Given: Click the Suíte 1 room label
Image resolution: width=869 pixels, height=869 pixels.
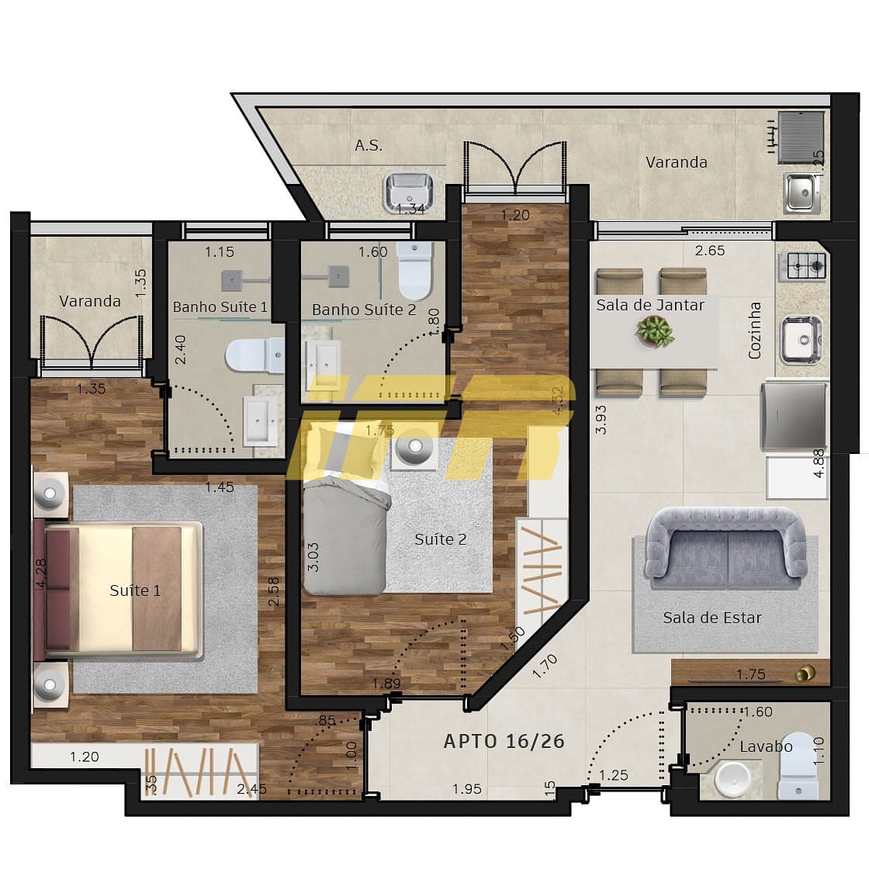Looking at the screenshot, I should [x=135, y=590].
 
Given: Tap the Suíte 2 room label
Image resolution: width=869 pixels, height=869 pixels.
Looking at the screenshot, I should [x=440, y=538].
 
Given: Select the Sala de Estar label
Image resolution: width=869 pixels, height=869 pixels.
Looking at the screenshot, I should [x=711, y=618].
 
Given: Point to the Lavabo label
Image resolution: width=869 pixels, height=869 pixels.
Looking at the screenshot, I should [x=766, y=746].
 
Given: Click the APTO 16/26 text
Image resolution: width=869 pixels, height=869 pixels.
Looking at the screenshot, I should [x=504, y=741].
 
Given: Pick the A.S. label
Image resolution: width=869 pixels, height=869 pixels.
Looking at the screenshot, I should [x=369, y=145].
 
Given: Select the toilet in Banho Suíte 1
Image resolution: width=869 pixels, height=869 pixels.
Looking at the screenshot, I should [x=254, y=355].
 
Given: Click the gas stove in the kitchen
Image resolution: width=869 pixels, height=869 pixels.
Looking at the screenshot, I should [x=807, y=265].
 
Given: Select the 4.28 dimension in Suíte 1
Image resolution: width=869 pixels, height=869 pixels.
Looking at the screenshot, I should [x=41, y=573].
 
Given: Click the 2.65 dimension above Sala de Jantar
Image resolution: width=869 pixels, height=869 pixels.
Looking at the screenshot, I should [x=710, y=250].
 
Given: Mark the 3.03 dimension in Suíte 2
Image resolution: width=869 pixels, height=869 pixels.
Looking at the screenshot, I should [x=313, y=556].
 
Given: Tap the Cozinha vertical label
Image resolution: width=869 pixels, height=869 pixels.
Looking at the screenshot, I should [x=755, y=330].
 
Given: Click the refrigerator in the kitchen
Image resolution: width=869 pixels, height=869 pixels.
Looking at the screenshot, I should [x=795, y=415].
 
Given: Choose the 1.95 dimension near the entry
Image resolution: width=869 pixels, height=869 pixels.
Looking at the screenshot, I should [x=467, y=789].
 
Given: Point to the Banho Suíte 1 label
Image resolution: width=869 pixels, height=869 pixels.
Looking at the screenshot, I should [x=220, y=307].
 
